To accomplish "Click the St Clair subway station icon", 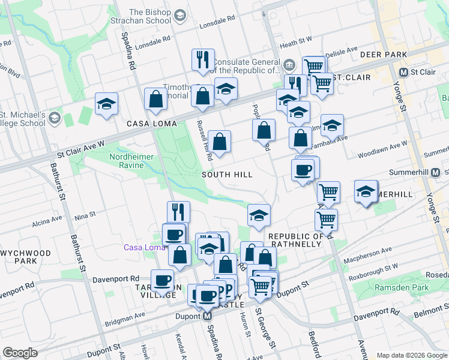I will (404, 72).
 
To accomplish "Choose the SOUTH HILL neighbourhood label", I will (226, 174).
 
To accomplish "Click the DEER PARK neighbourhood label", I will (384, 55).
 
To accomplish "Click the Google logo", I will (20, 353).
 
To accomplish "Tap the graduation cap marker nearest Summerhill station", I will (366, 191).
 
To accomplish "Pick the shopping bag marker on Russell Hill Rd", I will (220, 142).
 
